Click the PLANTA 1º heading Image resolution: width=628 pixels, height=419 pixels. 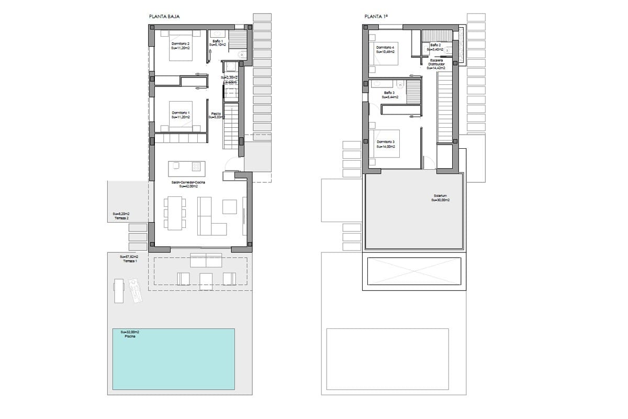pos(376,17)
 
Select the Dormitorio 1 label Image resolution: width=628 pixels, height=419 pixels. pos(180,113)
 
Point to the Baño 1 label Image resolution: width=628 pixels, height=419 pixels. pos(218,41)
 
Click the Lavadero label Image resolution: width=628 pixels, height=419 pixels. pos(230,82)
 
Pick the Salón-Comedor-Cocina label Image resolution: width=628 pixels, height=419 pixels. pos(188,182)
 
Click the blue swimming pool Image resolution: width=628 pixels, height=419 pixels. pos(174,359)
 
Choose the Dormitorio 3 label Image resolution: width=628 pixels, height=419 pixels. pos(385,142)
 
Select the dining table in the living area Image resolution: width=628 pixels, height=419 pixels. pos(175,213)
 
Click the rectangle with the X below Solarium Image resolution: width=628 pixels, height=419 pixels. pos(414,271)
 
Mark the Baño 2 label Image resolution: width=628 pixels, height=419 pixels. pos(436,45)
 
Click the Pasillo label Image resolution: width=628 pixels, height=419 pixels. pos(216,114)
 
